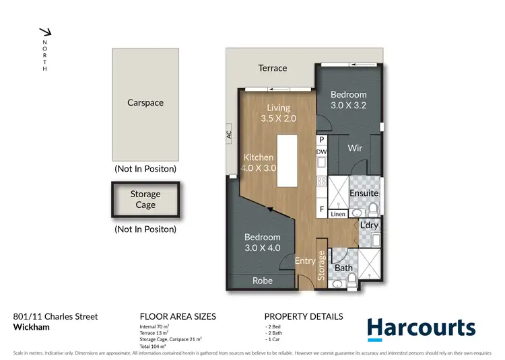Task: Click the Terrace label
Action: pos(273,68)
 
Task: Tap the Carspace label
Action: pos(145,103)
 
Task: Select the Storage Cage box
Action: pos(145,200)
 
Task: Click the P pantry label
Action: pos(322,140)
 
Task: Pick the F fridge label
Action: pos(322,209)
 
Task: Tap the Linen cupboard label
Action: pos(338,214)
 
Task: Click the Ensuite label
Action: pos(364,193)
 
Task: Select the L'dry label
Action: pos(369,225)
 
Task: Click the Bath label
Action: pos(344,268)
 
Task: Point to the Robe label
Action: pos(263,281)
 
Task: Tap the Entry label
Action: pos(305,260)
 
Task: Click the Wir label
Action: pos(356,148)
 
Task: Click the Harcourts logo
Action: pos(421,328)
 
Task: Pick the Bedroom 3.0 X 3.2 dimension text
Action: pos(348,105)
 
